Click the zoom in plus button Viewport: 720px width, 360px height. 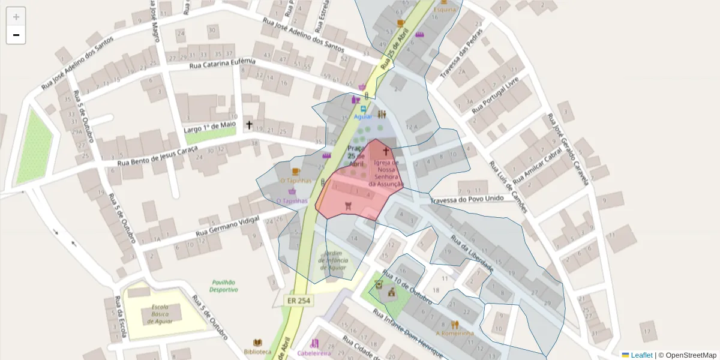click(16, 17)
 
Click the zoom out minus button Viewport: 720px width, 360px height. click(16, 35)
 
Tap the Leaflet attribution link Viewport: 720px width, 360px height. click(641, 355)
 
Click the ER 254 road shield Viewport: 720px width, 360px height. click(298, 301)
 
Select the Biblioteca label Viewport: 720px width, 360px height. click(257, 351)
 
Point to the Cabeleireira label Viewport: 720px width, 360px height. click(314, 353)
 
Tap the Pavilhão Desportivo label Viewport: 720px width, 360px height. click(223, 286)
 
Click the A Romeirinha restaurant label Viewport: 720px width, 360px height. click(455, 333)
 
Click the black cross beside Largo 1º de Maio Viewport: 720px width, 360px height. click(249, 125)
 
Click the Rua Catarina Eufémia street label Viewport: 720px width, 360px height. click(223, 64)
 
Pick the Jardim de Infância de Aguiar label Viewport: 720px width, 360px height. click(333, 260)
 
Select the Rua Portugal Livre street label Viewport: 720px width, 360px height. click(495, 98)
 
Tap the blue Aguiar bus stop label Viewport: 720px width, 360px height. click(363, 116)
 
